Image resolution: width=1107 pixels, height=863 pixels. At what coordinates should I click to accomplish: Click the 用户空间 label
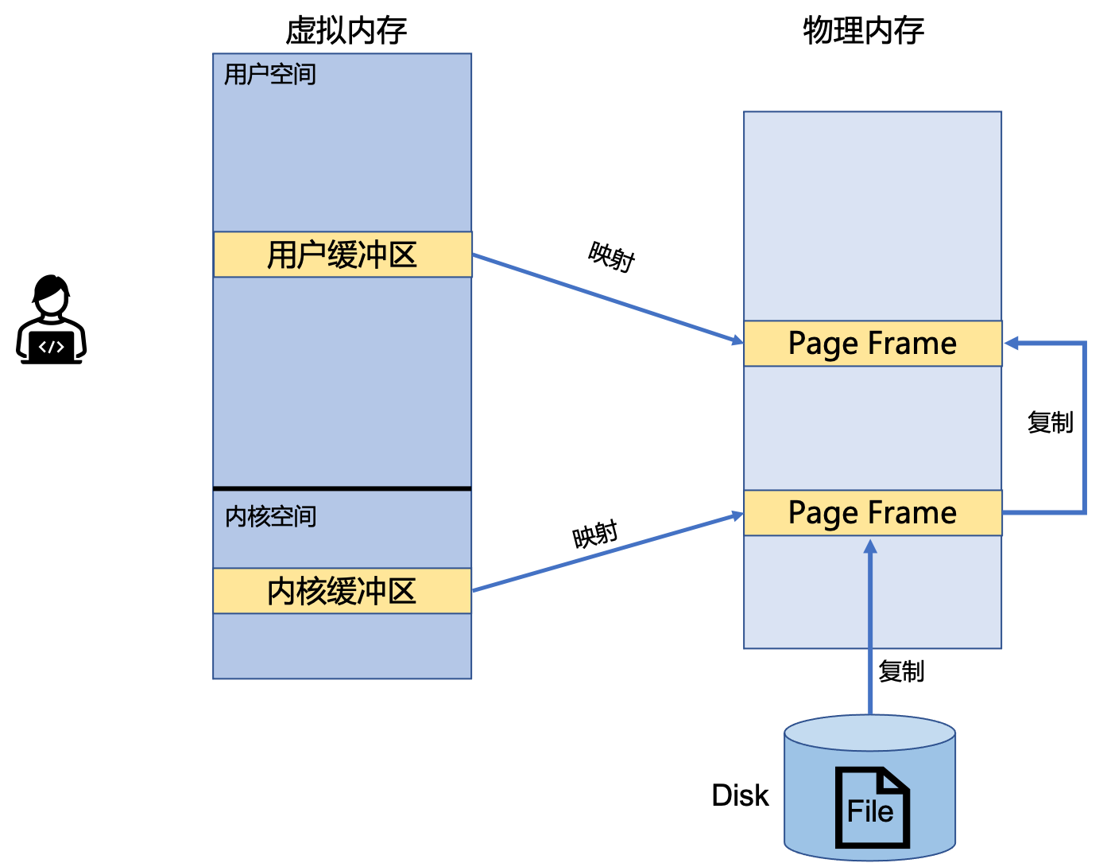coord(270,74)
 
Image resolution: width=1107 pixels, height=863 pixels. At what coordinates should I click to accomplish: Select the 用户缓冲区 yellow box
coord(343,255)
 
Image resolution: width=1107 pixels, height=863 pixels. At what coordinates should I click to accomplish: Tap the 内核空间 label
coord(271,516)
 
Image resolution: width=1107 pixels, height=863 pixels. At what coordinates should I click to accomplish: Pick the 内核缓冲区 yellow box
coord(342,591)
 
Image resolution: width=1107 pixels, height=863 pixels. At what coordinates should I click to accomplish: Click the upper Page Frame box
coord(873,344)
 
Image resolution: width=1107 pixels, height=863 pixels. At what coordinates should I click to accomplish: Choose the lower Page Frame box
coord(873,513)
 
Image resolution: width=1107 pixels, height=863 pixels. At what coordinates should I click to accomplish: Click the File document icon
coord(871,807)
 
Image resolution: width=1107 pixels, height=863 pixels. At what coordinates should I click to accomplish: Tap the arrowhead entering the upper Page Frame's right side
coord(1012,344)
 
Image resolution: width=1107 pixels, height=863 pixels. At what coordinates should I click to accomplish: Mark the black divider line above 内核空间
coord(343,488)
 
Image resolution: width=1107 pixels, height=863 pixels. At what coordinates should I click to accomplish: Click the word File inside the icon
coord(870,812)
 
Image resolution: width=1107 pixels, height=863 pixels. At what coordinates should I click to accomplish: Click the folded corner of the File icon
coord(894,780)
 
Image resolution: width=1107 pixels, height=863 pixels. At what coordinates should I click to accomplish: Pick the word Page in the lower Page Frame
coord(823,514)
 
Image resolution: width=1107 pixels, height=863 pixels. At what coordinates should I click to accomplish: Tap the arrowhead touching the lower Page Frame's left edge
coord(736,517)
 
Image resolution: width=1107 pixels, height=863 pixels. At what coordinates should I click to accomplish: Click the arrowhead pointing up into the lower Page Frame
coord(870,547)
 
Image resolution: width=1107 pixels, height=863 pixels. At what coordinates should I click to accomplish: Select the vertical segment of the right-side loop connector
coord(1084,428)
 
